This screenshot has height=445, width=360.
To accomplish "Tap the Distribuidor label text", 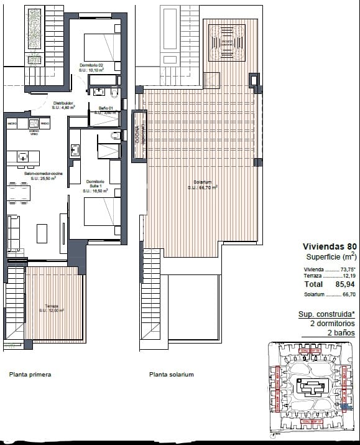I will pos(63,105).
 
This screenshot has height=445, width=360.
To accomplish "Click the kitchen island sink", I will pos(23,157).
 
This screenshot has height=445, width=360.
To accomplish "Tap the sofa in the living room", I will pos(13,233).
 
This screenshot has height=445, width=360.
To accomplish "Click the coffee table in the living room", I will pos(42,233).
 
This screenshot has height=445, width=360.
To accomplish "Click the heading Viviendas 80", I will pos(329,245).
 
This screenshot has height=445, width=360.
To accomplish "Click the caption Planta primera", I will pos(30,375).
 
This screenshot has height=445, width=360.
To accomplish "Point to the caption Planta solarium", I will pos(172,375).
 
